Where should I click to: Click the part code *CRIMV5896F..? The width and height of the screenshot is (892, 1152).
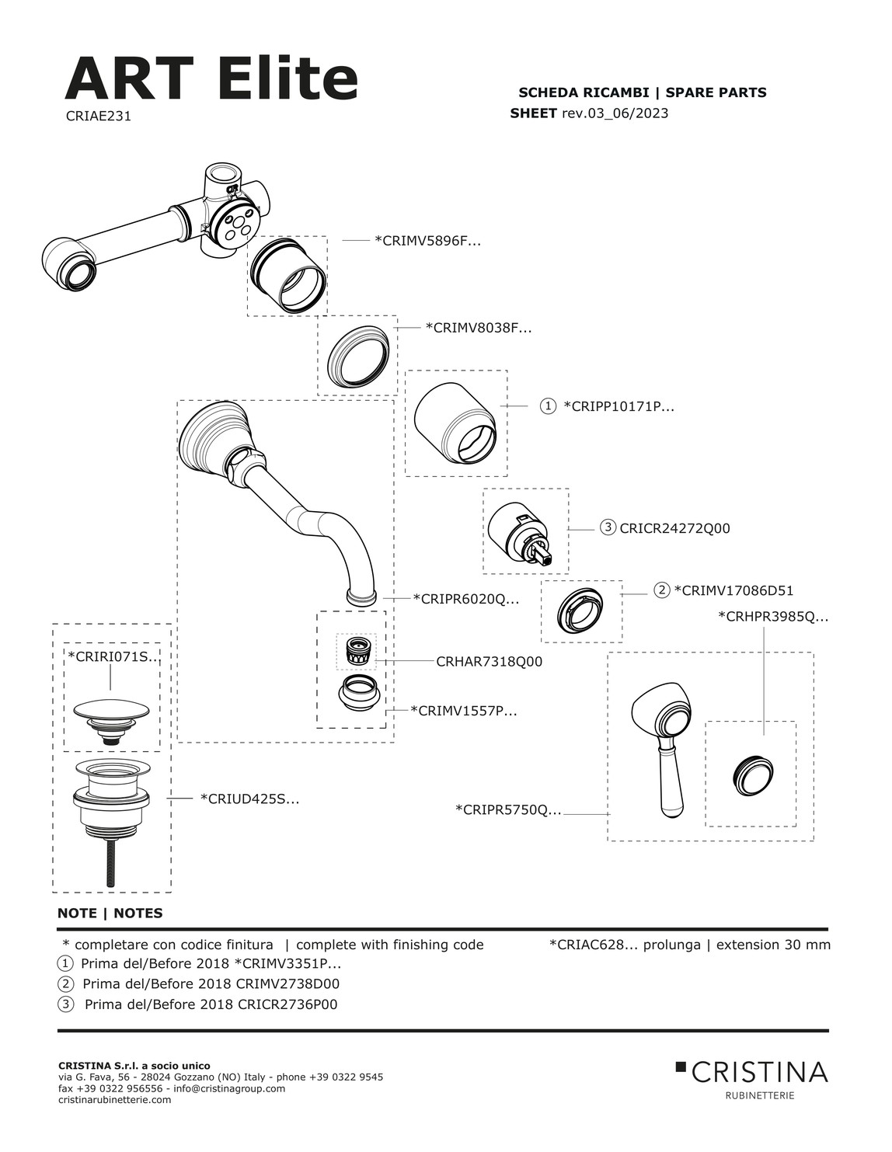(427, 241)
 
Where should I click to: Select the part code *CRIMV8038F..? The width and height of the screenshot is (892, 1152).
(478, 328)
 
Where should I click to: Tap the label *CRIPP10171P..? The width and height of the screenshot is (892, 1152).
(618, 406)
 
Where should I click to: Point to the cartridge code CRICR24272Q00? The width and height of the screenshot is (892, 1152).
(674, 528)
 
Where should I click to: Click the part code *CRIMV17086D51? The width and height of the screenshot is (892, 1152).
(733, 590)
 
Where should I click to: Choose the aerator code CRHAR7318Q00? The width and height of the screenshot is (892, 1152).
(489, 662)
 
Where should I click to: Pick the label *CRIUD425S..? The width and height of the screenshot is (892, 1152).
(249, 799)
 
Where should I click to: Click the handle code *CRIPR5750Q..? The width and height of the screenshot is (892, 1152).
(507, 810)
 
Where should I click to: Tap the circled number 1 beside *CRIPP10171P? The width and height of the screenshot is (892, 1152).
(548, 406)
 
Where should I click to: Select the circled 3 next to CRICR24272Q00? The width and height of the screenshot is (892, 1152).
(608, 528)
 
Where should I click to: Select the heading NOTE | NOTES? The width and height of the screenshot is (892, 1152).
(110, 914)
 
